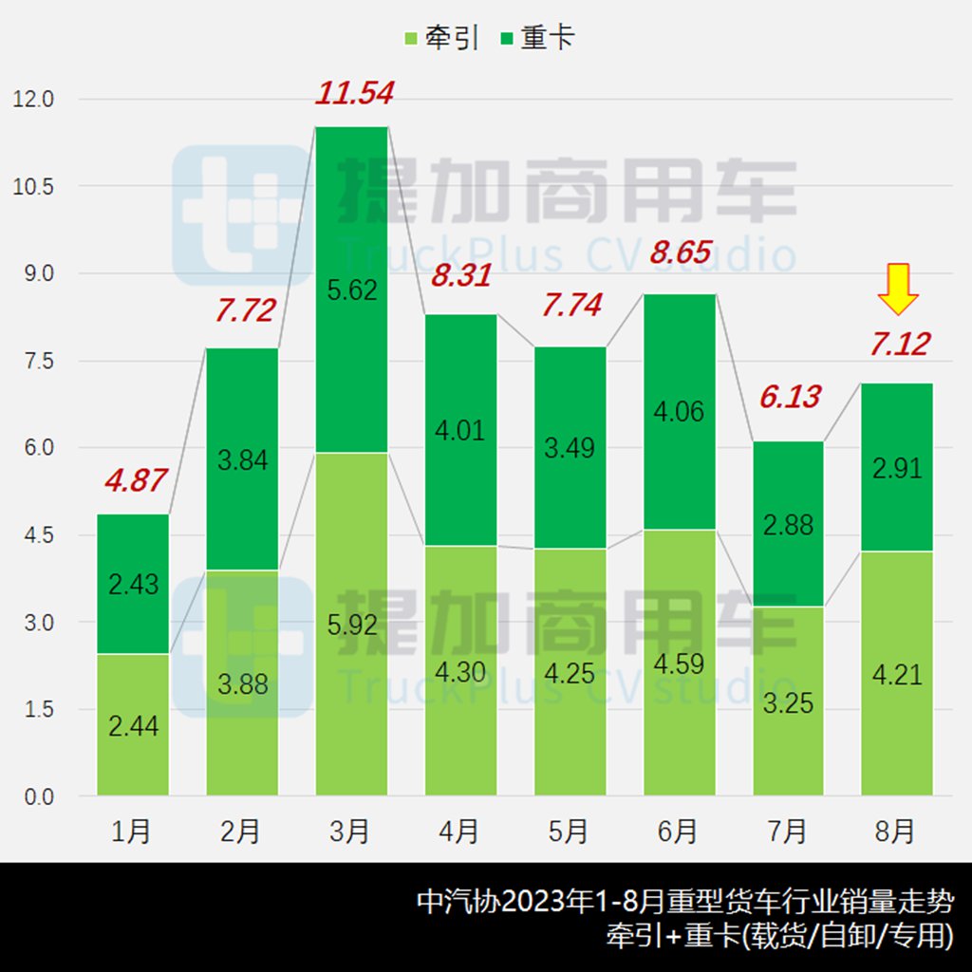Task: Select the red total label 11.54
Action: pyautogui.click(x=353, y=93)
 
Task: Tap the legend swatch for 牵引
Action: pyautogui.click(x=411, y=38)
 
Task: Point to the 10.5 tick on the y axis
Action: pyautogui.click(x=33, y=186)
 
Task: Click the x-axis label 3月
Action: pyautogui.click(x=351, y=832)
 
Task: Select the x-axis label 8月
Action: pyautogui.click(x=897, y=832)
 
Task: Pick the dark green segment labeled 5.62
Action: pyautogui.click(x=351, y=290)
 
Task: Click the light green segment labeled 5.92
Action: pyautogui.click(x=351, y=625)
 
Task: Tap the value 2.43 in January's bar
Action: pyautogui.click(x=133, y=584)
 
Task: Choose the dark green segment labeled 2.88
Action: pyautogui.click(x=788, y=524)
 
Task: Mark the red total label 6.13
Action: pyautogui.click(x=788, y=397)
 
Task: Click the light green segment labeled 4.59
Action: pyautogui.click(x=679, y=662)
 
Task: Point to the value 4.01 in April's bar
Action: pyautogui.click(x=459, y=430)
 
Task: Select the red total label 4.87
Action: pyautogui.click(x=133, y=480)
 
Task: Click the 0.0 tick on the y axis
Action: pyautogui.click(x=33, y=796)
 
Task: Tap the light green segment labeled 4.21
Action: pyautogui.click(x=897, y=674)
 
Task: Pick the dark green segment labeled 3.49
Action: pyautogui.click(x=570, y=448)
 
